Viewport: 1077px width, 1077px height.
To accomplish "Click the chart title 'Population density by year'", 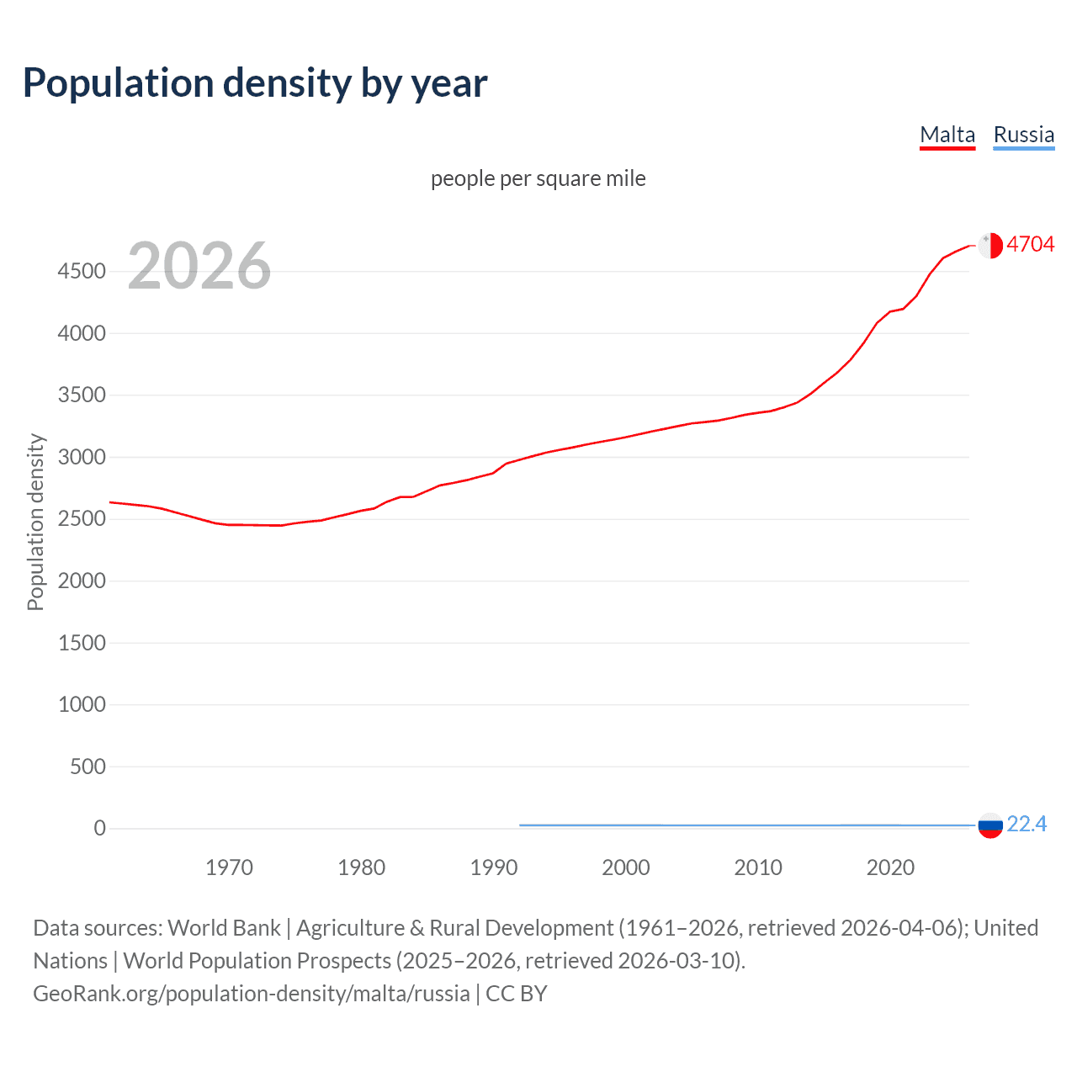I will [255, 83].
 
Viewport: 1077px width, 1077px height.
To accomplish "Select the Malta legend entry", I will [947, 135].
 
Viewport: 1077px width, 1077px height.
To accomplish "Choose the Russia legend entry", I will [1023, 135].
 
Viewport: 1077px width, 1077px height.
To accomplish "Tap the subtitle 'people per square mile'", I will [538, 178].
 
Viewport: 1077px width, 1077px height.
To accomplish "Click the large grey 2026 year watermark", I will [199, 266].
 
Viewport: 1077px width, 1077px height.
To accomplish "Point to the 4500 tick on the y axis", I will [82, 271].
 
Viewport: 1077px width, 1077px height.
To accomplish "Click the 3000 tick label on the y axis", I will [82, 457].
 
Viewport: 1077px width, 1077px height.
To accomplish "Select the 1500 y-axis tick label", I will [82, 643].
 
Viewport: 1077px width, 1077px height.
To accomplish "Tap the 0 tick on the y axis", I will [99, 828].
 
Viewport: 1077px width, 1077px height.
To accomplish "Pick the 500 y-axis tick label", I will [88, 767].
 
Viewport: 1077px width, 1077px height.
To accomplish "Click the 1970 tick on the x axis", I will [229, 867].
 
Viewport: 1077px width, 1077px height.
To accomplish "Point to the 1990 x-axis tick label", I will [494, 867].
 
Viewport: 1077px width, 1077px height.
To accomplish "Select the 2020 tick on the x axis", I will [890, 867].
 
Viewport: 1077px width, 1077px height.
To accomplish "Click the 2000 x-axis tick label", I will [626, 867].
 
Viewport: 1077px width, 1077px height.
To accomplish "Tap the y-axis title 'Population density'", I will [35, 522].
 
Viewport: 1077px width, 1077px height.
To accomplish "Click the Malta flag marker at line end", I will [990, 245].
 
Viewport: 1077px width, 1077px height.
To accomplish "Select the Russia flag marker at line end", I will [990, 825].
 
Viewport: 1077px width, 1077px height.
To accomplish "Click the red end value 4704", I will [1030, 244].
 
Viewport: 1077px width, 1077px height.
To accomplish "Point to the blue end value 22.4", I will [1027, 824].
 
